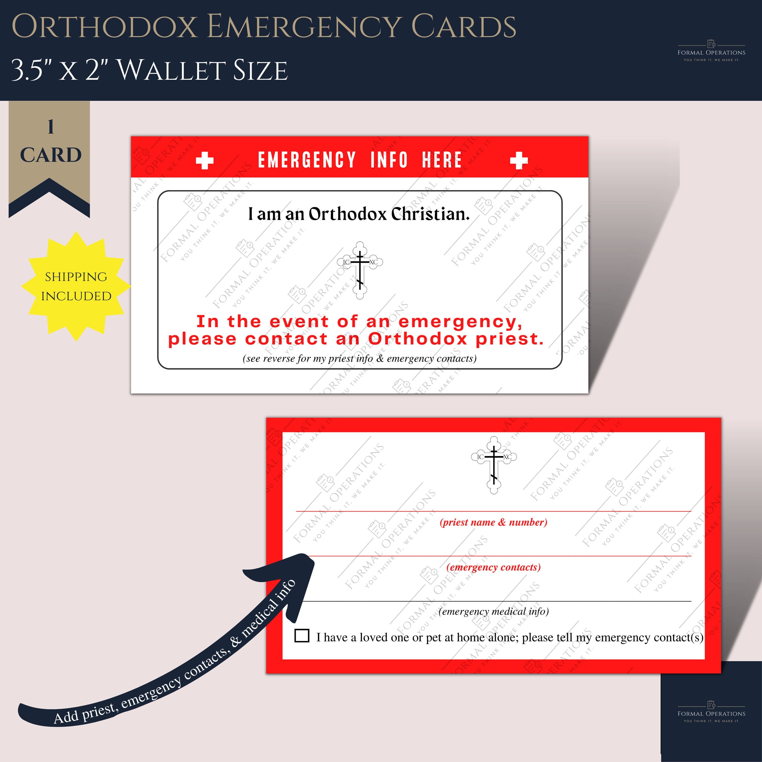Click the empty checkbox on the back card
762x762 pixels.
point(302,636)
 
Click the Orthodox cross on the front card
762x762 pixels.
point(360,270)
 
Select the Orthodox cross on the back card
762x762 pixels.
point(494,465)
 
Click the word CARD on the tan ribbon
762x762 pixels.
point(51,155)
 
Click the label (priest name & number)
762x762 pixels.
point(494,522)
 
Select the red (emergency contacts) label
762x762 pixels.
point(494,567)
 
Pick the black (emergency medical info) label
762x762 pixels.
point(494,611)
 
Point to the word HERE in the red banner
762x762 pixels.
point(442,160)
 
